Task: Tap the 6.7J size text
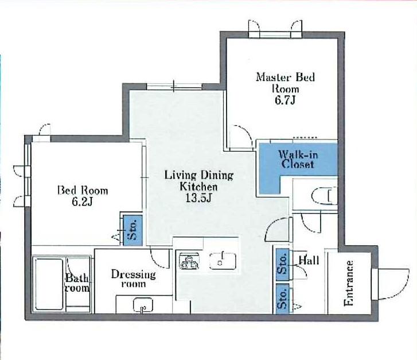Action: click(285, 100)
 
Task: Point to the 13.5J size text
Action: click(198, 198)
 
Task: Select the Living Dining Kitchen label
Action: click(199, 181)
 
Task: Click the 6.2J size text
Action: click(82, 202)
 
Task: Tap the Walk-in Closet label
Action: click(298, 159)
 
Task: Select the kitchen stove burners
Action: click(190, 261)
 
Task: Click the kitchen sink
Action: click(223, 261)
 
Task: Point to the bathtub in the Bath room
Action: click(49, 284)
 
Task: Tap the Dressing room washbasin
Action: click(143, 305)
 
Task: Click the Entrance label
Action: click(349, 283)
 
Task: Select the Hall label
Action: click(309, 260)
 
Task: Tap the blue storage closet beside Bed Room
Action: click(132, 230)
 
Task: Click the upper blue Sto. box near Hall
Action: click(282, 265)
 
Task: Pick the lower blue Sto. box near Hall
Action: click(282, 299)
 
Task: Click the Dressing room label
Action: click(133, 278)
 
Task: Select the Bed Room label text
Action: click(83, 191)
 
